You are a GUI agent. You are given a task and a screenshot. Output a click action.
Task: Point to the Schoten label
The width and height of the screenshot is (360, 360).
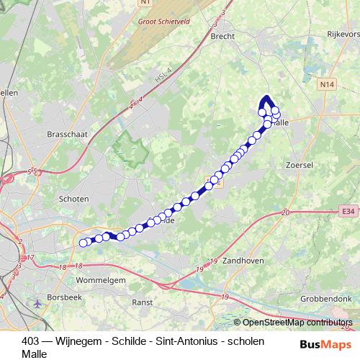75,199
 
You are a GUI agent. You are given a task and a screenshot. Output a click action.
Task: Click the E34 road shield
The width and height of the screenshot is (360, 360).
349,211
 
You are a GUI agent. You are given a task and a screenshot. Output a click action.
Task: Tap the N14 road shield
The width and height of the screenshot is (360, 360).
328,84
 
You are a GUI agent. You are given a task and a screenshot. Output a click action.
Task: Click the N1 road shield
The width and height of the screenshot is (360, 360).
148,3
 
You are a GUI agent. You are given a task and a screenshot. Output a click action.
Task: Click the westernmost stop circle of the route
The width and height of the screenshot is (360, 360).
84,243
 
